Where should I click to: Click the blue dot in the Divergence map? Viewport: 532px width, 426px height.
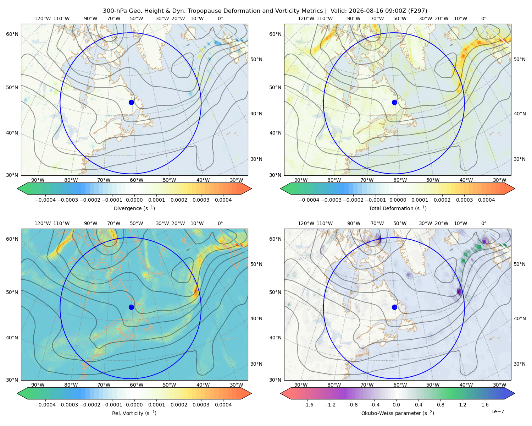(x=131, y=102)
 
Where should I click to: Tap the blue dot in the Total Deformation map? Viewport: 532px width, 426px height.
(x=394, y=102)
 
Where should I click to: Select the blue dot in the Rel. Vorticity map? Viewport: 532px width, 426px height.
(x=131, y=307)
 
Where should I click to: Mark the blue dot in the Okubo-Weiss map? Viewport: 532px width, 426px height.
(x=394, y=307)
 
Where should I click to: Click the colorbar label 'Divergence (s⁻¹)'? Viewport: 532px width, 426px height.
(x=134, y=208)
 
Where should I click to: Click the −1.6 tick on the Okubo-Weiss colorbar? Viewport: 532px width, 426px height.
(x=307, y=404)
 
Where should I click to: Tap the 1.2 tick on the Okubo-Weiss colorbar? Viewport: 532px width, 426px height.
(x=462, y=404)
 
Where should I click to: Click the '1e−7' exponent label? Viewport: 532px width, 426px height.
(x=497, y=411)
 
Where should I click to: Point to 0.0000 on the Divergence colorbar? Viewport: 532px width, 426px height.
(x=134, y=200)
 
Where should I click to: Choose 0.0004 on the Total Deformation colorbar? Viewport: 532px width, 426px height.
(x=486, y=200)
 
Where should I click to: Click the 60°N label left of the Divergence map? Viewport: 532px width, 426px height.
(x=12, y=34)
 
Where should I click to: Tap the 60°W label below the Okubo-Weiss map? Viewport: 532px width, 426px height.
(x=400, y=385)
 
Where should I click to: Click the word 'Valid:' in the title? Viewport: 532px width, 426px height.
(x=338, y=11)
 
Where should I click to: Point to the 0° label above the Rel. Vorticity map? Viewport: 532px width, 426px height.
(x=220, y=223)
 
